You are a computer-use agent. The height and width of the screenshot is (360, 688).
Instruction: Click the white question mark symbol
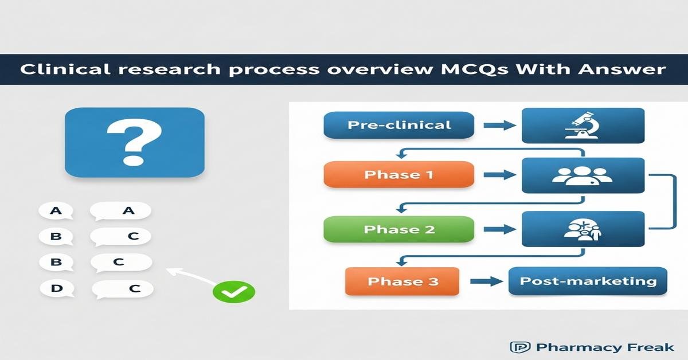click(x=135, y=140)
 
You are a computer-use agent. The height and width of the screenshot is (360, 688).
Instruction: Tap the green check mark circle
click(x=234, y=291)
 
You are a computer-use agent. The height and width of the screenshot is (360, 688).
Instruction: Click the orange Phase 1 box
click(x=399, y=175)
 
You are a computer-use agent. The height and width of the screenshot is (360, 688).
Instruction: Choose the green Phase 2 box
click(x=399, y=230)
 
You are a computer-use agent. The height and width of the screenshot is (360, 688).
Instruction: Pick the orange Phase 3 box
click(x=402, y=281)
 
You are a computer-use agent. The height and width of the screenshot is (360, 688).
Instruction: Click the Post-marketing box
click(x=588, y=281)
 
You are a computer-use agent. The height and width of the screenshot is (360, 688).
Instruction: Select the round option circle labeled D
click(x=56, y=288)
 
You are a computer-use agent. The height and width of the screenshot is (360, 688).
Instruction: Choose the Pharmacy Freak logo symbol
click(x=516, y=347)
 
